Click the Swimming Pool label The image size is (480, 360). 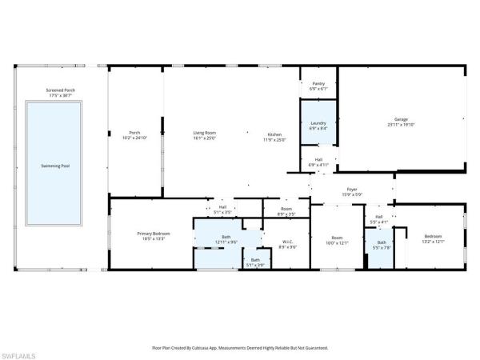[x=54, y=166]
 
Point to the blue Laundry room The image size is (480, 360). [x=318, y=126]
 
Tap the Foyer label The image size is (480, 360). [x=352, y=193]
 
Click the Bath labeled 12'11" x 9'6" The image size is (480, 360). [x=226, y=239]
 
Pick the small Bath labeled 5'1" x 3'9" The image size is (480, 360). [x=255, y=261]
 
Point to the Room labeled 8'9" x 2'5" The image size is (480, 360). [x=286, y=212]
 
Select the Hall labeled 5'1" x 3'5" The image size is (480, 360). [x=223, y=210]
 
